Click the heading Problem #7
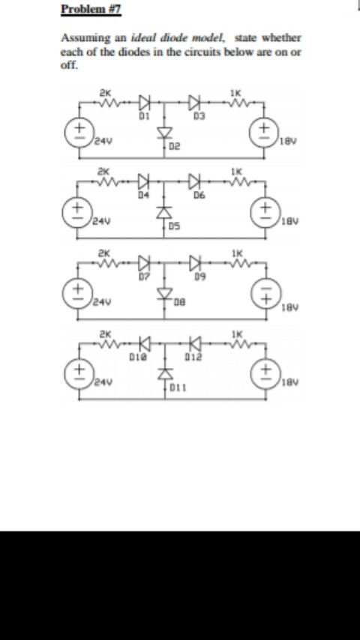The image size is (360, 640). [x=91, y=9]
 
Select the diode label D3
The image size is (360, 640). [x=199, y=116]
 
